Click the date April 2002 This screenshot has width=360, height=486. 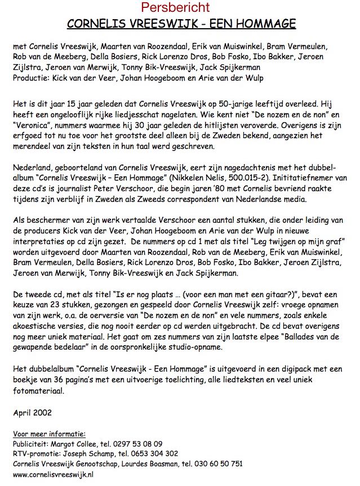(29, 413)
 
